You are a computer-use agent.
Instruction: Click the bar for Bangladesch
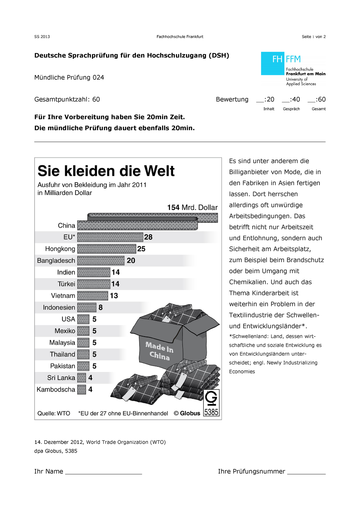(101, 261)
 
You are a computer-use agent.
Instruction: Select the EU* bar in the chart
(110, 237)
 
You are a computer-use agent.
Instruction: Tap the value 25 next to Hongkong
(141, 249)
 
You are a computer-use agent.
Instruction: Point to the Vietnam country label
(63, 296)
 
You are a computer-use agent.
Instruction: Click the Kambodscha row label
(56, 390)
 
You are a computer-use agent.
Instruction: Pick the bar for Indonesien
(87, 307)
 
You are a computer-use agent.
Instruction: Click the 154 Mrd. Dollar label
(192, 208)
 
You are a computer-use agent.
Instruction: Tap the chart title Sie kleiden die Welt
(106, 171)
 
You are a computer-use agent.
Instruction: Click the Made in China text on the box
(159, 351)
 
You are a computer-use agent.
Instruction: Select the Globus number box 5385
(211, 403)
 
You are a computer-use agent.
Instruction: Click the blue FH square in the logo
(273, 63)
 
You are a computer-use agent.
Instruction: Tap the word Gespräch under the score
(291, 109)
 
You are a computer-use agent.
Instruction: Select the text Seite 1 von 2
(313, 37)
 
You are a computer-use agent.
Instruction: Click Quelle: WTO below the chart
(54, 413)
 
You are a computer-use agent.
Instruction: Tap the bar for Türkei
(94, 284)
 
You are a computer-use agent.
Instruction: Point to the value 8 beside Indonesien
(100, 307)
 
